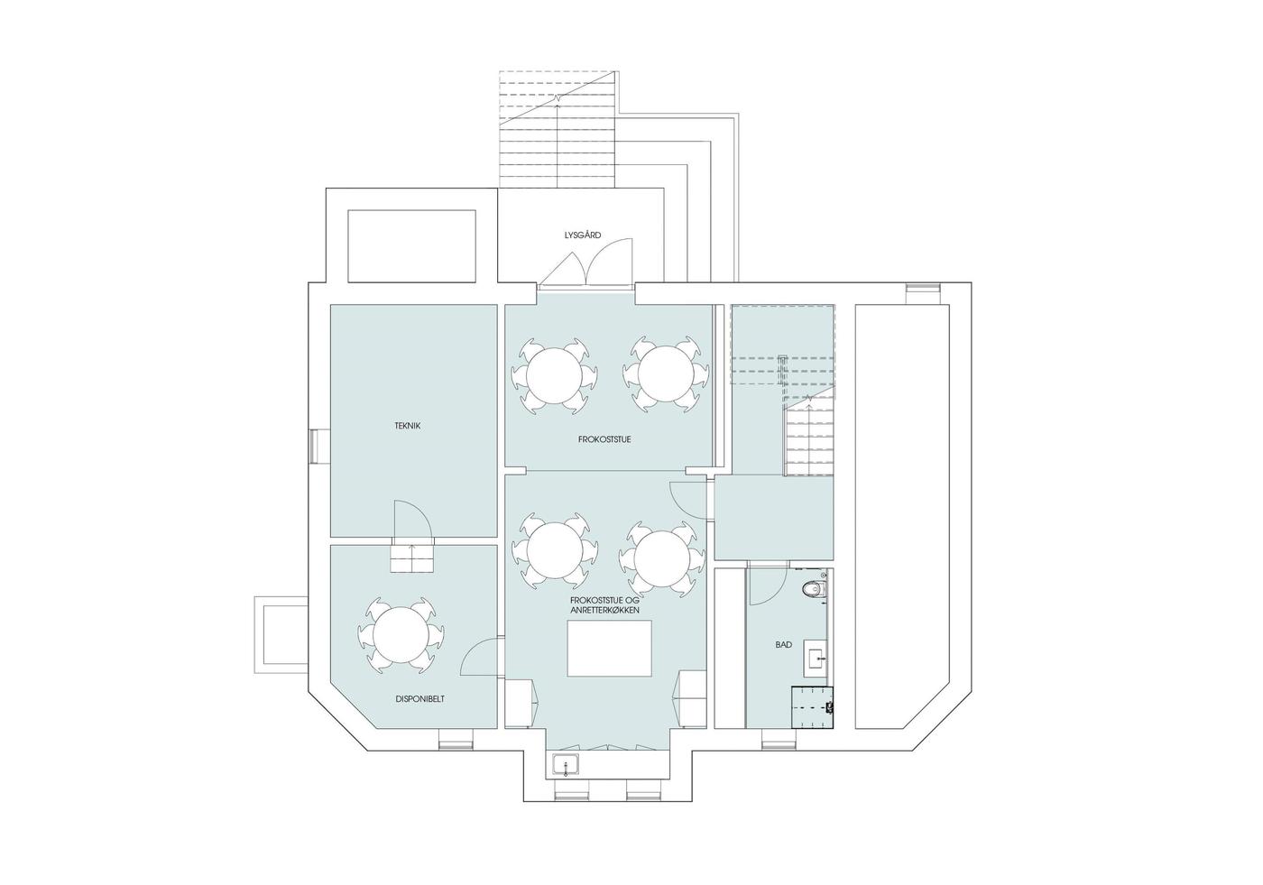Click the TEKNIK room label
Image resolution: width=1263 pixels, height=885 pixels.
(x=407, y=426)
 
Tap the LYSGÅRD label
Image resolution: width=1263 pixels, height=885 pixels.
(x=583, y=235)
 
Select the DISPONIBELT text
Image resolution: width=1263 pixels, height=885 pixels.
(x=419, y=699)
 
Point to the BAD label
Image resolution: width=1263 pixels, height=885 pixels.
(x=783, y=645)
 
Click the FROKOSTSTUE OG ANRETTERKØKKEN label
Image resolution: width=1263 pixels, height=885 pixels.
(x=604, y=606)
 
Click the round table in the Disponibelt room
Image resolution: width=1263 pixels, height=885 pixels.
(x=401, y=635)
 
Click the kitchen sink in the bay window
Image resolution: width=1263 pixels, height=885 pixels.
(x=566, y=766)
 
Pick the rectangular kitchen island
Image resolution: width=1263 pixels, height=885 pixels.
(x=609, y=649)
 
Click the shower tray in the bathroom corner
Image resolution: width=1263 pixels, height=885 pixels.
(x=813, y=707)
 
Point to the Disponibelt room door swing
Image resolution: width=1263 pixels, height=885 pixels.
(x=480, y=656)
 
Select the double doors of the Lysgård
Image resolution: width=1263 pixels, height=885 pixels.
(x=586, y=261)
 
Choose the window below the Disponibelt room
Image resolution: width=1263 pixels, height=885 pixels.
(x=456, y=739)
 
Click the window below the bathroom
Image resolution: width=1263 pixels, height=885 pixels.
(x=779, y=739)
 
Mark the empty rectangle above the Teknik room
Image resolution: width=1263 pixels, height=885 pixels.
(x=411, y=245)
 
